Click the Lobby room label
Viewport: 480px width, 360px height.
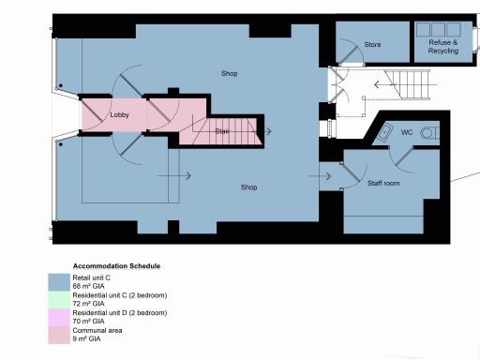point(119,115)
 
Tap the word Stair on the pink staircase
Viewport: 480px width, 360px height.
point(223,130)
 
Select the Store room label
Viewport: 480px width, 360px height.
point(372,44)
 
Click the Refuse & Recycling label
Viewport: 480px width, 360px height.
point(442,47)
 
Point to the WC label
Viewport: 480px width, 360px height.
point(407,133)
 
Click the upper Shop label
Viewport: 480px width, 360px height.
point(230,72)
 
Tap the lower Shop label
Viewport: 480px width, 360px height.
point(248,187)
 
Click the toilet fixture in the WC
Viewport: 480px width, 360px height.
point(429,133)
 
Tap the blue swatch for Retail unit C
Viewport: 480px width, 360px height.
point(58,282)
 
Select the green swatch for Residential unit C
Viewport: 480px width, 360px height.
point(58,299)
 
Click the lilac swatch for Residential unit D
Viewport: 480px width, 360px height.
point(58,316)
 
